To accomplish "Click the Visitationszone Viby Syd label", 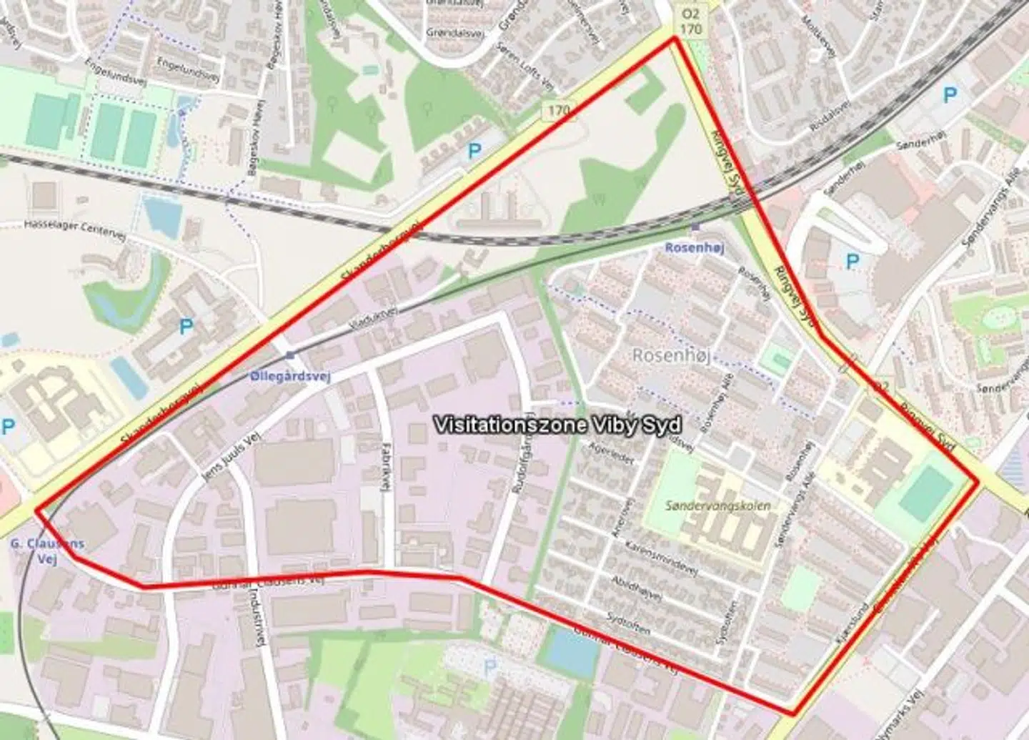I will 557,425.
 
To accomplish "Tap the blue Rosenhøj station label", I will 694,248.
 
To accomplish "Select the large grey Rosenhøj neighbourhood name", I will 671,355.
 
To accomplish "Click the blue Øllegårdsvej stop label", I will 290,376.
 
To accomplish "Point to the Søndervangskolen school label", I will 717,505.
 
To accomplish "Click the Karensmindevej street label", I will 660,558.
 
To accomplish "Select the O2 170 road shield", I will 690,21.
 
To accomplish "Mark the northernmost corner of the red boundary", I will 673,38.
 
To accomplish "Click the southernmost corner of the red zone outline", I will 792,713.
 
